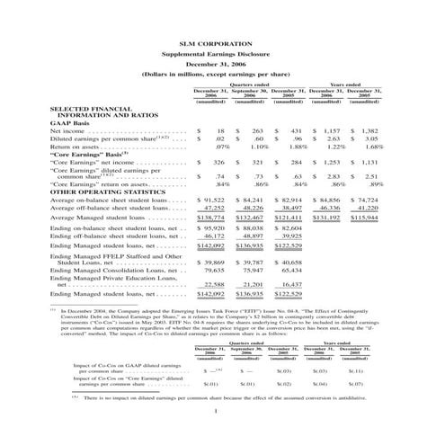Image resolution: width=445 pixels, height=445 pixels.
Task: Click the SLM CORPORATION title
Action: point(222,42)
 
